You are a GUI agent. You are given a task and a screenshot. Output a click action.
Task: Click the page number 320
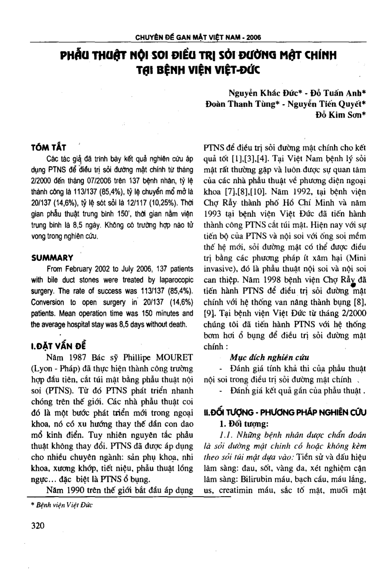pos(38,526)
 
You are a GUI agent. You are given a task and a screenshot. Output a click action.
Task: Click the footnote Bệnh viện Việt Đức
pos(64,505)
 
